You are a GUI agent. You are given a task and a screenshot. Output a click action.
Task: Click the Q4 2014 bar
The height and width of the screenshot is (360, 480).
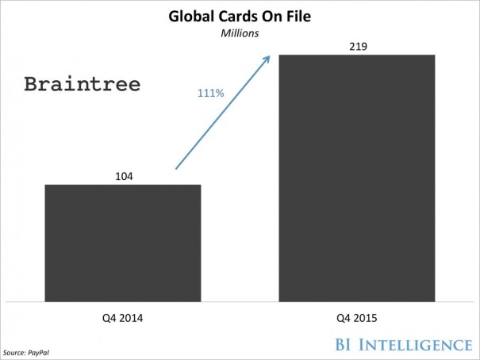tap(123, 243)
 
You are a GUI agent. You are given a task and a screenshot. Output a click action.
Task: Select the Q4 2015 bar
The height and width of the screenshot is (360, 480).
tap(357, 178)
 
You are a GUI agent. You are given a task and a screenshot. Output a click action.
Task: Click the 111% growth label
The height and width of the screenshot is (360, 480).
tap(210, 94)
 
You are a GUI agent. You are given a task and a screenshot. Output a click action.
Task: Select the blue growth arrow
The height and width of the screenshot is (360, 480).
tap(222, 113)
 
